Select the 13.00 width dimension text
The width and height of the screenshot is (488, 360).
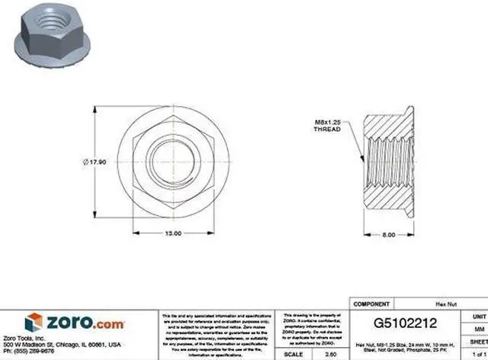coord(174,233)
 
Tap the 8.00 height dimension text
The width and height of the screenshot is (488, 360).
coord(388,235)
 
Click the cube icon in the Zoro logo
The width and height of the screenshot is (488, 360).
coord(33,323)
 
